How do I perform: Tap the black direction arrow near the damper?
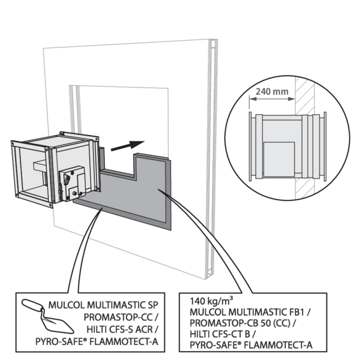point(130,145)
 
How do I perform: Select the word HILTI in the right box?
point(200,334)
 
